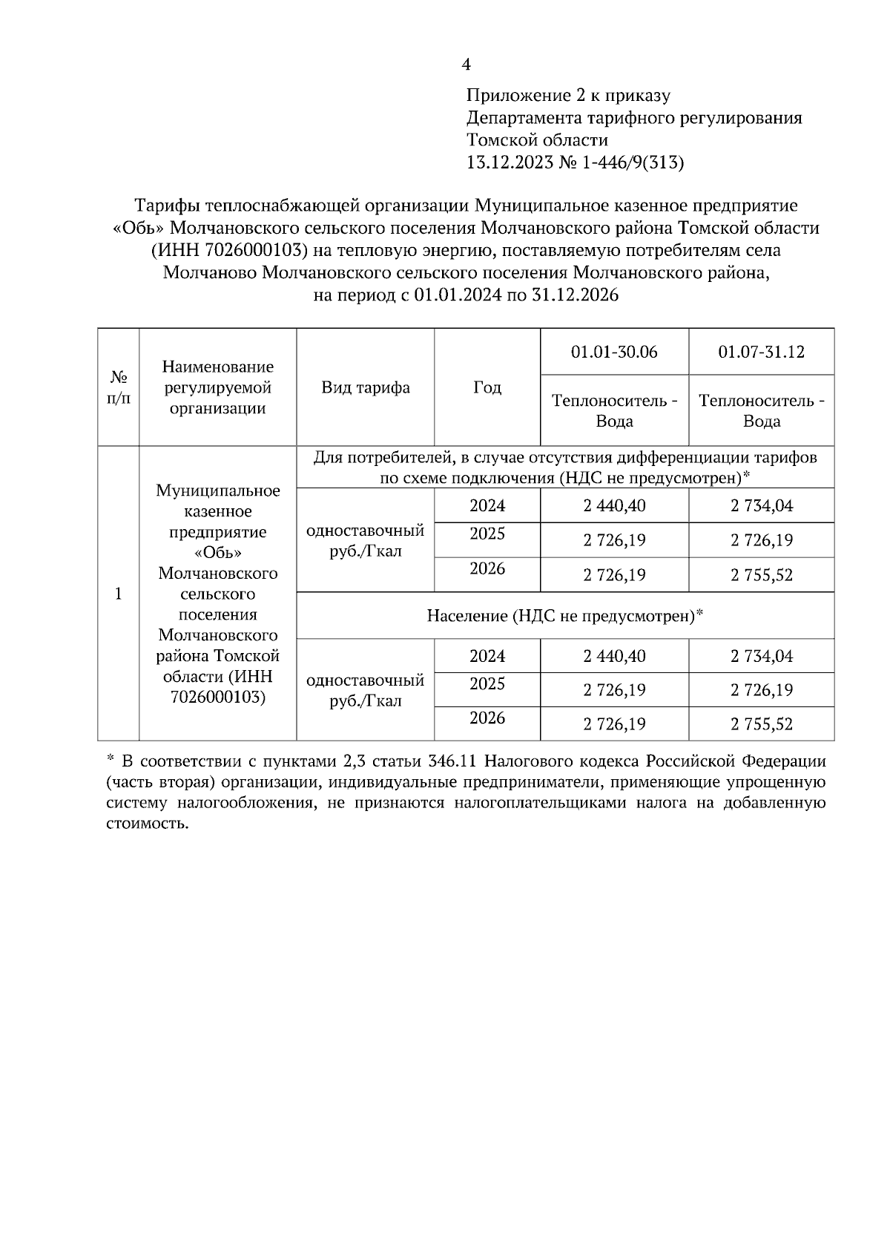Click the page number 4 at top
click(466, 65)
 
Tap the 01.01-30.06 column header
click(614, 352)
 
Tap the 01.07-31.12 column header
click(761, 352)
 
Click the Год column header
click(487, 387)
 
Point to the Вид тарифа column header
click(366, 387)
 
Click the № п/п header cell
click(118, 387)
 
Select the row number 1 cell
click(118, 594)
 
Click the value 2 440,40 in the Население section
click(614, 656)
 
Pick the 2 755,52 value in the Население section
click(761, 724)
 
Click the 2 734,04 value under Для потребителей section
click(761, 506)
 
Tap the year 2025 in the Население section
click(487, 684)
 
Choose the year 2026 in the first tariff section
click(487, 569)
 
